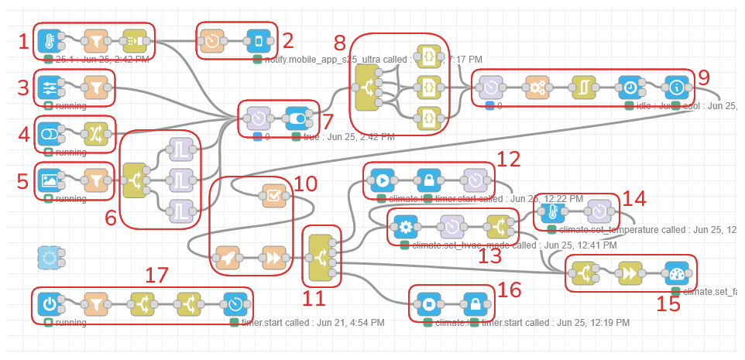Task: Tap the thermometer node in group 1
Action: point(49,41)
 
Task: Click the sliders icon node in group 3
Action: point(49,87)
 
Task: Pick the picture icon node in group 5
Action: point(49,180)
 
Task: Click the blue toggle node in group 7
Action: point(297,118)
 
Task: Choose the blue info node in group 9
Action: point(676,87)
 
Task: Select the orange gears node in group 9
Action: point(537,87)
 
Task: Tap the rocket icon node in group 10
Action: point(228,257)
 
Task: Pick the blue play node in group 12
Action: point(382,180)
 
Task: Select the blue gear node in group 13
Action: point(404,227)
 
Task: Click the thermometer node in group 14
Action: point(553,211)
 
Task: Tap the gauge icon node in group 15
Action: point(676,273)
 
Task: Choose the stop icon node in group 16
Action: point(428,303)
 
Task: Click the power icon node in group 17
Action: point(49,303)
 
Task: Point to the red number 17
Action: point(158,275)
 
